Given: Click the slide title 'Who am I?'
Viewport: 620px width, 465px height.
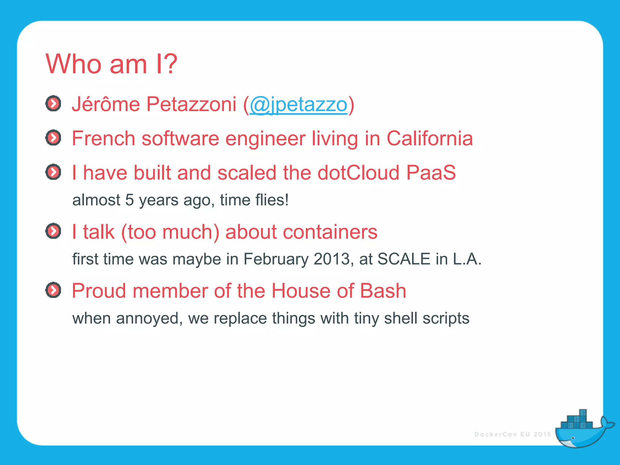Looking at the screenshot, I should click(x=111, y=64).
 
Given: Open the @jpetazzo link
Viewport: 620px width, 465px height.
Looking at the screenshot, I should click(x=298, y=104).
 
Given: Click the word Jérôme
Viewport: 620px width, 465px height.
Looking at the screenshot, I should click(x=106, y=104).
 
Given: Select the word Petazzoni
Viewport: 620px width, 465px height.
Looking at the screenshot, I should click(x=191, y=104).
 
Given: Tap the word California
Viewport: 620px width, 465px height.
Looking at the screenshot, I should click(x=430, y=139).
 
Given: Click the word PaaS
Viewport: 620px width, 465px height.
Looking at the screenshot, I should click(x=431, y=173).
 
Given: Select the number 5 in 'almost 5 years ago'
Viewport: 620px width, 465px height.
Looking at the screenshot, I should click(x=129, y=200).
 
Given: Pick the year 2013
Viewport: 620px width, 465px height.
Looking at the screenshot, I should click(x=331, y=259).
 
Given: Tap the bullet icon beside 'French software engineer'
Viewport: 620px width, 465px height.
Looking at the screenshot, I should click(x=53, y=138).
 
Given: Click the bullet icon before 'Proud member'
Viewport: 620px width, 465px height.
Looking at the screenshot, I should click(x=53, y=290).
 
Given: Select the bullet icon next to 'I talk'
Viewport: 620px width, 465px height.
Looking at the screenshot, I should click(x=53, y=231).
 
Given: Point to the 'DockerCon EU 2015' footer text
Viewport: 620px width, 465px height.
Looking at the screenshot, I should click(x=513, y=434).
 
